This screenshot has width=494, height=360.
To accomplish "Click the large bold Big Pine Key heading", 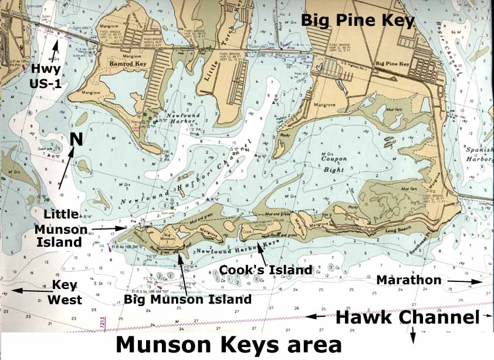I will [357, 20].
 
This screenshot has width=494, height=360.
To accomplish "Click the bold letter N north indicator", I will [76, 139].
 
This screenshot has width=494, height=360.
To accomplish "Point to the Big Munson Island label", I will [188, 300].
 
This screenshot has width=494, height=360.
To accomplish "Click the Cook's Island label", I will [265, 270].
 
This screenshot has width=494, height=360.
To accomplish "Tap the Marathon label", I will [408, 281].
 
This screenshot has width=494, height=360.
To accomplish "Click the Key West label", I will [65, 292].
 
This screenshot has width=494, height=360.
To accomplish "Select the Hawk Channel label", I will [407, 318].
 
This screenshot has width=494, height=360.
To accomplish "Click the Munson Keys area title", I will [228, 345].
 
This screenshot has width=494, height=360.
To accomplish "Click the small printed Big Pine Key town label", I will [390, 63].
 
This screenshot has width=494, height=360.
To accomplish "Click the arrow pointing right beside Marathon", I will [466, 282].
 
